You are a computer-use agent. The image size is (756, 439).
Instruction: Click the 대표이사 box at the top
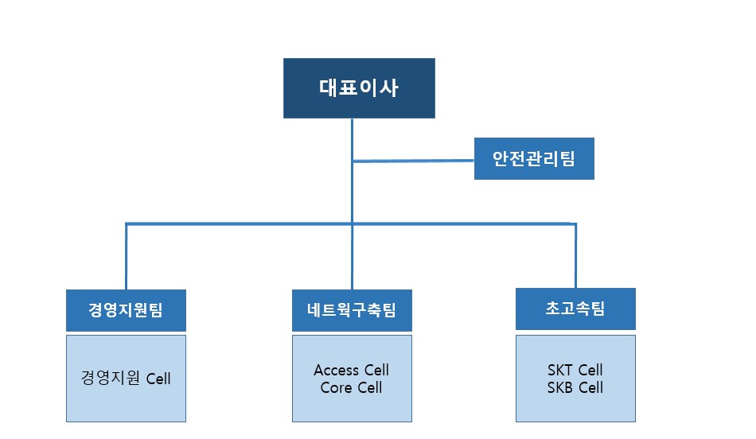pyautogui.click(x=359, y=88)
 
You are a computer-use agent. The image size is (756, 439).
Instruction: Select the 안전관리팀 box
pyautogui.click(x=534, y=158)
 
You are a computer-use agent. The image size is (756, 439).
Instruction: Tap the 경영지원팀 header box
pyautogui.click(x=126, y=310)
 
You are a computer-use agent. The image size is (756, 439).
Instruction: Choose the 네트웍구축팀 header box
pyautogui.click(x=352, y=310)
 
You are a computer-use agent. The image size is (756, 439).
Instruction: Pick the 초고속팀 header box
pyautogui.click(x=575, y=309)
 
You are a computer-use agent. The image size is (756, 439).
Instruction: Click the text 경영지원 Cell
pyautogui.click(x=126, y=378)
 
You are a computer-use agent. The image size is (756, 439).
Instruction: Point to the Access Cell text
pyautogui.click(x=352, y=370)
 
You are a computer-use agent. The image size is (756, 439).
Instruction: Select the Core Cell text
pyautogui.click(x=352, y=387)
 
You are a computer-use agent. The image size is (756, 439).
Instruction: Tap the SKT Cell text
pyautogui.click(x=575, y=370)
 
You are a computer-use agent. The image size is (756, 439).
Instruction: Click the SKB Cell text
pyautogui.click(x=575, y=387)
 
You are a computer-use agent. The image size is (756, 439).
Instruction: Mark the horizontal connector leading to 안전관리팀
pyautogui.click(x=413, y=161)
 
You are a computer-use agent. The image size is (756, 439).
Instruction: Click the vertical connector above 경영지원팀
pyautogui.click(x=127, y=256)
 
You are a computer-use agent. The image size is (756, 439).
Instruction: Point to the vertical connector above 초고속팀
pyautogui.click(x=575, y=255)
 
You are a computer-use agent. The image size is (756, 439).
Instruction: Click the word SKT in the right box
pyautogui.click(x=560, y=370)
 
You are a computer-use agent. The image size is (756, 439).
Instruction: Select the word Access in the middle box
pyautogui.click(x=337, y=370)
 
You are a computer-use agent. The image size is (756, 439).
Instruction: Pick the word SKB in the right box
pyautogui.click(x=560, y=387)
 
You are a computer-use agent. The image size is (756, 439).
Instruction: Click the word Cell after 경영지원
pyautogui.click(x=158, y=379)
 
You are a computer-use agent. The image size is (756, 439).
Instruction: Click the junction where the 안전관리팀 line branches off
pyautogui.click(x=353, y=161)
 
